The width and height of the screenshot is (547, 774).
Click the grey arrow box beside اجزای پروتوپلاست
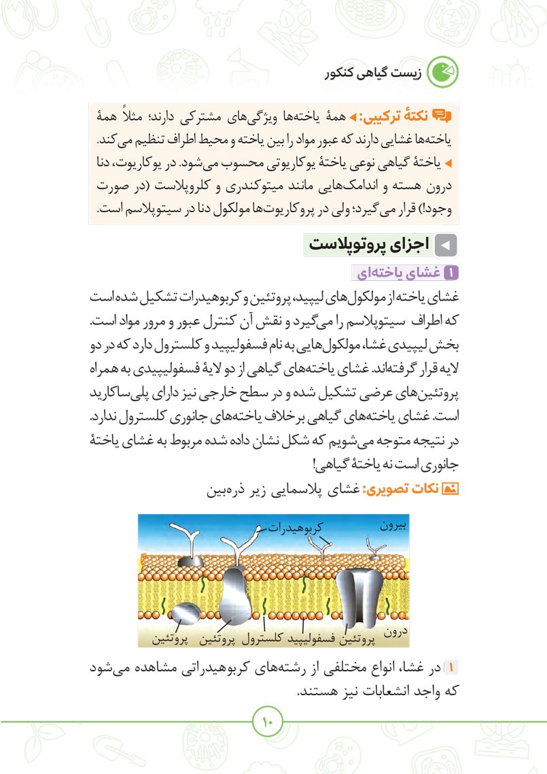coord(446,245)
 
